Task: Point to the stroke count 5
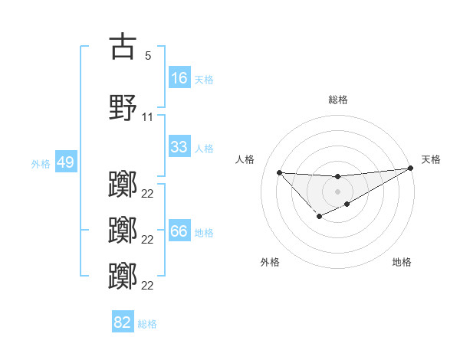147,56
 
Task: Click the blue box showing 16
179,78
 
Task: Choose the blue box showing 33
179,147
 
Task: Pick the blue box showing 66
179,231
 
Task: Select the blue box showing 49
65,162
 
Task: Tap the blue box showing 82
123,322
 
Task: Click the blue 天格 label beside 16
203,79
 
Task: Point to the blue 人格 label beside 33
203,148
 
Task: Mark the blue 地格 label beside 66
203,232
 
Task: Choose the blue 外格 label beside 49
41,163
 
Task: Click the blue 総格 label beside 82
147,323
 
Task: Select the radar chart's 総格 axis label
338,100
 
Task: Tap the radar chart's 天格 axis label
431,159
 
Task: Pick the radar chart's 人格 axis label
245,159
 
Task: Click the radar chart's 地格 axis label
402,262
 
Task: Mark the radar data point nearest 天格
411,168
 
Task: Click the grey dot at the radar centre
337,191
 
